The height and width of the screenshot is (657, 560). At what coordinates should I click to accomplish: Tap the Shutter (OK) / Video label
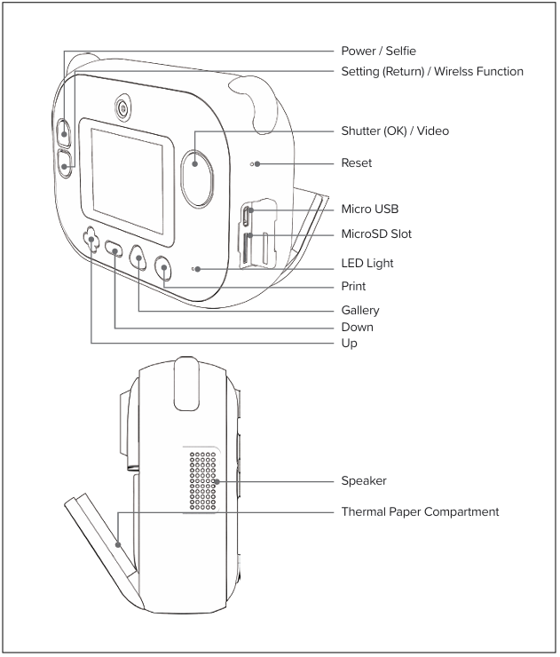click(x=395, y=131)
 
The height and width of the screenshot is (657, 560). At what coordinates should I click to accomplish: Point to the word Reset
click(x=358, y=163)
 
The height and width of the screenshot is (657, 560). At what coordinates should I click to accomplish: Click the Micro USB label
click(x=370, y=209)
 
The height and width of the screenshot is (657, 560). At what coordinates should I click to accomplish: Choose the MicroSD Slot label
click(x=376, y=234)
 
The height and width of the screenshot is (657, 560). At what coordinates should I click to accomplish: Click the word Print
click(x=354, y=287)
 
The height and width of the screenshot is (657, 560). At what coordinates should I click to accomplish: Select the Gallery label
click(x=360, y=310)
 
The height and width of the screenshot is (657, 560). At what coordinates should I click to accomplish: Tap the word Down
click(x=358, y=326)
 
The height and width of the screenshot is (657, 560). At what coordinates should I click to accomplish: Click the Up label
click(x=350, y=343)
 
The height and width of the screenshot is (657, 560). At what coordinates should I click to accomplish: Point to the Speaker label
click(x=365, y=481)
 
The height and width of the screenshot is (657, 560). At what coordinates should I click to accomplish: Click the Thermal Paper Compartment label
click(x=421, y=511)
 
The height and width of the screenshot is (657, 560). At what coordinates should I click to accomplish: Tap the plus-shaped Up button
click(x=91, y=240)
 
